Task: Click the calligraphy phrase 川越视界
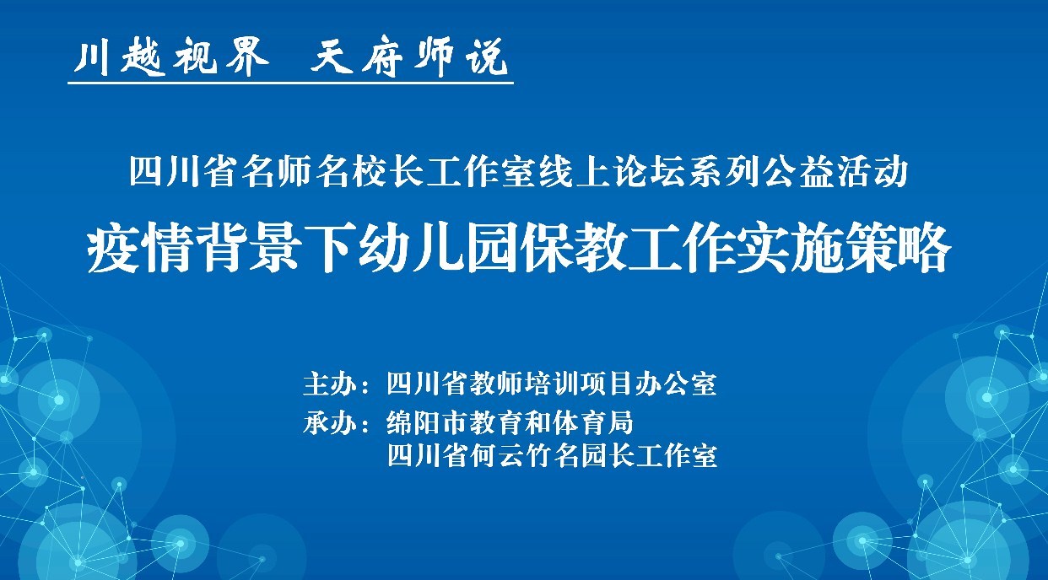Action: pos(171,57)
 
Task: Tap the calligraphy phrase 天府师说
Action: pos(409,57)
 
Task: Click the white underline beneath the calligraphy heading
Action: pos(290,83)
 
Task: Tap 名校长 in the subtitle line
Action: pos(370,173)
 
